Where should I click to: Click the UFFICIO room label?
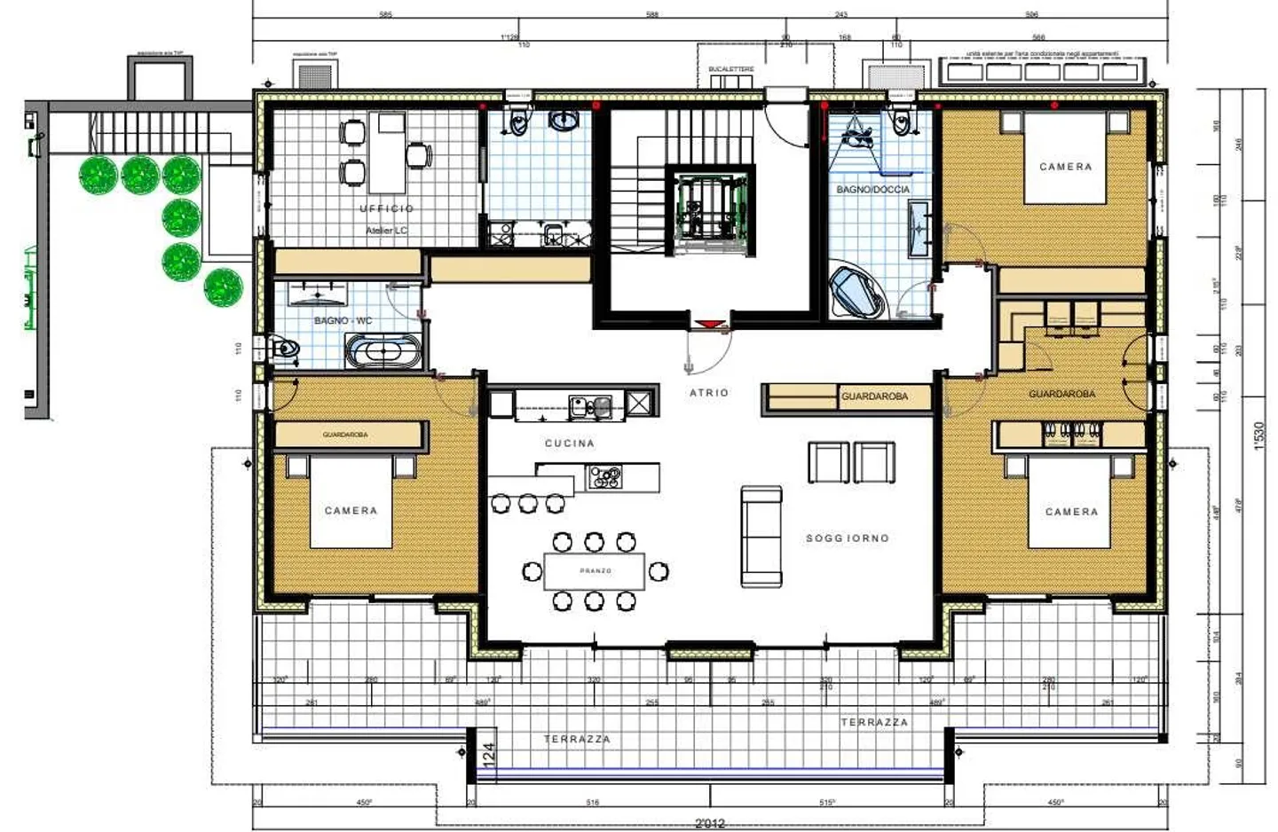[x=386, y=208]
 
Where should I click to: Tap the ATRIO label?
[x=708, y=392]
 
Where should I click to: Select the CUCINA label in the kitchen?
[x=569, y=443]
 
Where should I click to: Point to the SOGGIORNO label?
[x=847, y=538]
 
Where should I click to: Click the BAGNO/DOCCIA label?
[x=872, y=189]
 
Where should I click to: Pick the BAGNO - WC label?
[x=343, y=320]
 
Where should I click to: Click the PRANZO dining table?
[x=595, y=571]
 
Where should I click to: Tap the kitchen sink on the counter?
[x=589, y=406]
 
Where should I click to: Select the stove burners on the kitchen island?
[x=606, y=478]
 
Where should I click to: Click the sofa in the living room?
[x=761, y=537]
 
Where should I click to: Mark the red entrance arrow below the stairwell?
[x=707, y=325]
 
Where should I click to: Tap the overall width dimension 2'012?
[x=709, y=823]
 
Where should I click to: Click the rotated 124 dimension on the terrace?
[x=488, y=753]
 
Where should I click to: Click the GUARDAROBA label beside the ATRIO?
[x=874, y=396]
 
